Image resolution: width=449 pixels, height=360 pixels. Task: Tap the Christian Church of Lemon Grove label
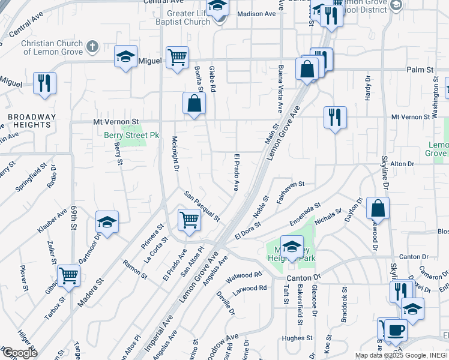53,47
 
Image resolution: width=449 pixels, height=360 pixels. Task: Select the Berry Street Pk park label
131,136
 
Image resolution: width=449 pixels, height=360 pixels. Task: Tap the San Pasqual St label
202,205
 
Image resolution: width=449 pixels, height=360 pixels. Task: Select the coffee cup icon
396,329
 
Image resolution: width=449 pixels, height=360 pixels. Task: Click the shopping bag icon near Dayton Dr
378,208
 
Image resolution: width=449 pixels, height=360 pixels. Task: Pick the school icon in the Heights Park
292,247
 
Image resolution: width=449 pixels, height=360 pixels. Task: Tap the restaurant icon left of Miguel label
44,83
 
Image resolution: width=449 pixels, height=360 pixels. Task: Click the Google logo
20,353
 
